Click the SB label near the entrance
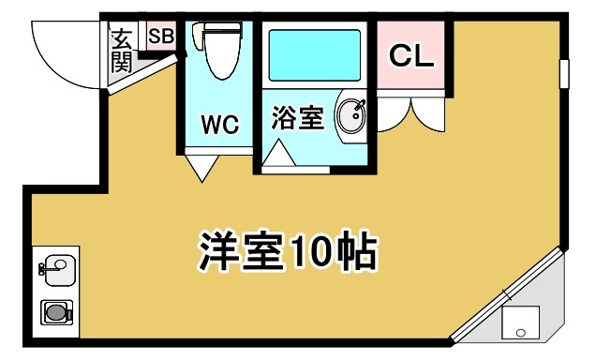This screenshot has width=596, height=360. click(161, 37)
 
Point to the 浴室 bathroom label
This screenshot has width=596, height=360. click(298, 119)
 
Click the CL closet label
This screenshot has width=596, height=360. click(412, 55)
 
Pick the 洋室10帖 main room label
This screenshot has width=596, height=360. click(287, 249)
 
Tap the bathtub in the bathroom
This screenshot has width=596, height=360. click(316, 55)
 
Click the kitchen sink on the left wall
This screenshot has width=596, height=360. click(58, 268)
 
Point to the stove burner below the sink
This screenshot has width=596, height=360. click(56, 312)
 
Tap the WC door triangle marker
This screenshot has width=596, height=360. click(204, 169)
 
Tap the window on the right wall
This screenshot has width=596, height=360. click(564, 73)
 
